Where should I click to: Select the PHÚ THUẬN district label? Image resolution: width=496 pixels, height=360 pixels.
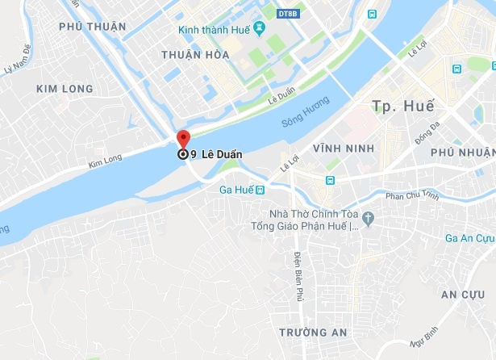tap(93, 27)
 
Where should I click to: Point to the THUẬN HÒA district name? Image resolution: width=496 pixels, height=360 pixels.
tap(195, 55)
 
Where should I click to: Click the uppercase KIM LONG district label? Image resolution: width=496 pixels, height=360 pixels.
tap(65, 88)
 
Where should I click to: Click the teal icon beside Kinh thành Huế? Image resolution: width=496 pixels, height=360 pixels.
tap(259, 30)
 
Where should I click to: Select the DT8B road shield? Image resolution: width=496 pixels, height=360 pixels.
tap(287, 14)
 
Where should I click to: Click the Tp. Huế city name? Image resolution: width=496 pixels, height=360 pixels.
tap(402, 106)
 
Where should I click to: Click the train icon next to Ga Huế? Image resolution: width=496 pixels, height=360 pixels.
tap(260, 190)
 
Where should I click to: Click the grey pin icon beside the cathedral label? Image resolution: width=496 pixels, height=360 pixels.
tap(368, 217)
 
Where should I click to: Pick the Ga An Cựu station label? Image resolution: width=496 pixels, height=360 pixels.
tap(470, 237)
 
